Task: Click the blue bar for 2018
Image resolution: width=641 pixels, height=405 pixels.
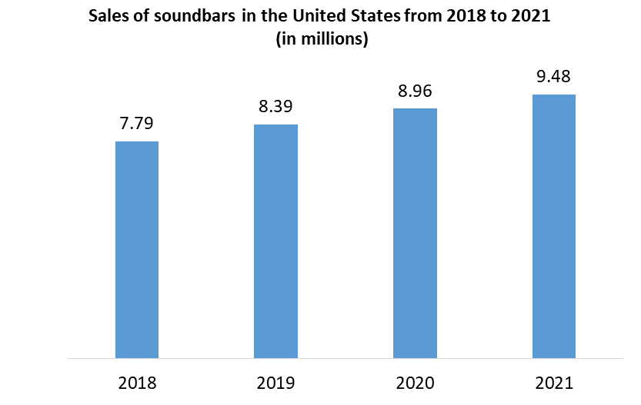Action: (137, 250)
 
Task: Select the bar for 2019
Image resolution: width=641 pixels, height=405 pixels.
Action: (275, 241)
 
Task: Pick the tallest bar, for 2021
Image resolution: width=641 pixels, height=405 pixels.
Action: (553, 226)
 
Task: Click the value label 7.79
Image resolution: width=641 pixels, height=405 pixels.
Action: (137, 124)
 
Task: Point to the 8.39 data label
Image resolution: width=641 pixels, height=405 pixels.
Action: (275, 107)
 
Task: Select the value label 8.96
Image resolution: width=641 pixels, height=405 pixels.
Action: (415, 91)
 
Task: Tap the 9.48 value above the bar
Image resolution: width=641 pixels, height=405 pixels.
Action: (553, 77)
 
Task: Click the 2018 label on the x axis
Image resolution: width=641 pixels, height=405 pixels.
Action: (137, 382)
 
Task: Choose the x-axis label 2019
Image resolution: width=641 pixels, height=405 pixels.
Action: (275, 382)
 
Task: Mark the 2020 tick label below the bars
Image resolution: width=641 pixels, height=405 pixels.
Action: (415, 382)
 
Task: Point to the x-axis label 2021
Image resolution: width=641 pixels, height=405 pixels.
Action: (553, 382)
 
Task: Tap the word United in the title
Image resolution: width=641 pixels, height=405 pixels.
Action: (315, 17)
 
